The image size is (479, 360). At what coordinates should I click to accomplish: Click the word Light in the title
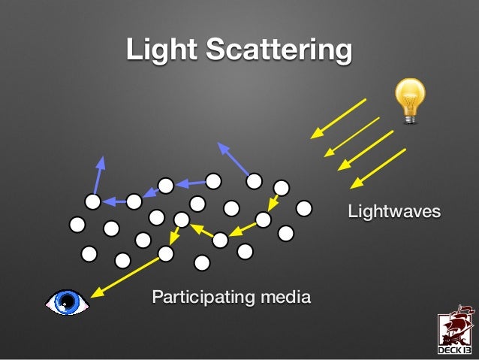[161, 50]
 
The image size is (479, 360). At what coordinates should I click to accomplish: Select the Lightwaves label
[393, 213]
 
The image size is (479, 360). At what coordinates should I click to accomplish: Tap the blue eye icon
[67, 302]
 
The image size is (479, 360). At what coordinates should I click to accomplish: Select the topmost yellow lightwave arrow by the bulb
[339, 118]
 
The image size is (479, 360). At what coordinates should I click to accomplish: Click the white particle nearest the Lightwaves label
[304, 207]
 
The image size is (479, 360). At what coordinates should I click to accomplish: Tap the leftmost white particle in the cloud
[77, 224]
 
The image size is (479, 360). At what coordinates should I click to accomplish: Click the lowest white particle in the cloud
[201, 262]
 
